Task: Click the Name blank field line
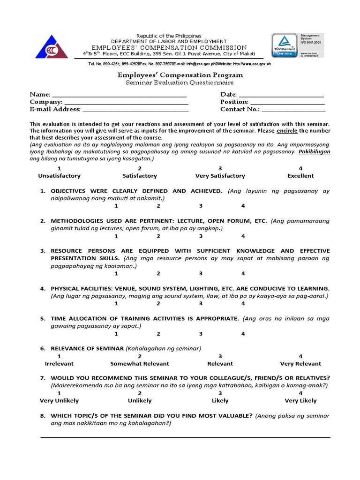pyautogui.click(x=120, y=95)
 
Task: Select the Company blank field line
pyautogui.click(x=126, y=103)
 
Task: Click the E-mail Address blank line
pyautogui.click(x=135, y=110)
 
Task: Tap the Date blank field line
pyautogui.click(x=281, y=95)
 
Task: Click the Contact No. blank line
pyautogui.click(x=293, y=110)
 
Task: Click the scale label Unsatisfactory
pyautogui.click(x=59, y=176)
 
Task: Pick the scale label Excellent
pyautogui.click(x=300, y=176)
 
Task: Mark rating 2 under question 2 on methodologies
pyautogui.click(x=158, y=236)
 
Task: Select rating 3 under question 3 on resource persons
pyautogui.click(x=201, y=273)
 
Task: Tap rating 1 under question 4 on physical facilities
pyautogui.click(x=116, y=303)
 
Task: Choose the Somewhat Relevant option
pyautogui.click(x=140, y=364)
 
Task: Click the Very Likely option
pyautogui.click(x=300, y=401)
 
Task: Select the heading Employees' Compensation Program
pyautogui.click(x=180, y=75)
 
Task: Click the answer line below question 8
pyautogui.click(x=185, y=438)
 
